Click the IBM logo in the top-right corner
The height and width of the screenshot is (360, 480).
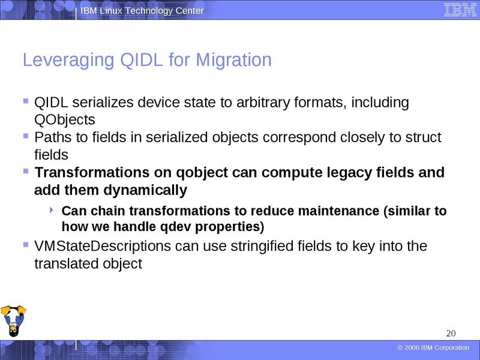[x=457, y=10]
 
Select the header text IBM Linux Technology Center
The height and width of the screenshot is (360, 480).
[x=142, y=11]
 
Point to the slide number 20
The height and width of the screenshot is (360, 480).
[x=452, y=334]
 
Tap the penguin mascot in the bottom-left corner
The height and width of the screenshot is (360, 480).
[x=13, y=322]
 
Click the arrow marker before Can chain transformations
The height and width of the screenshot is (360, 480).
[x=52, y=210]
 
